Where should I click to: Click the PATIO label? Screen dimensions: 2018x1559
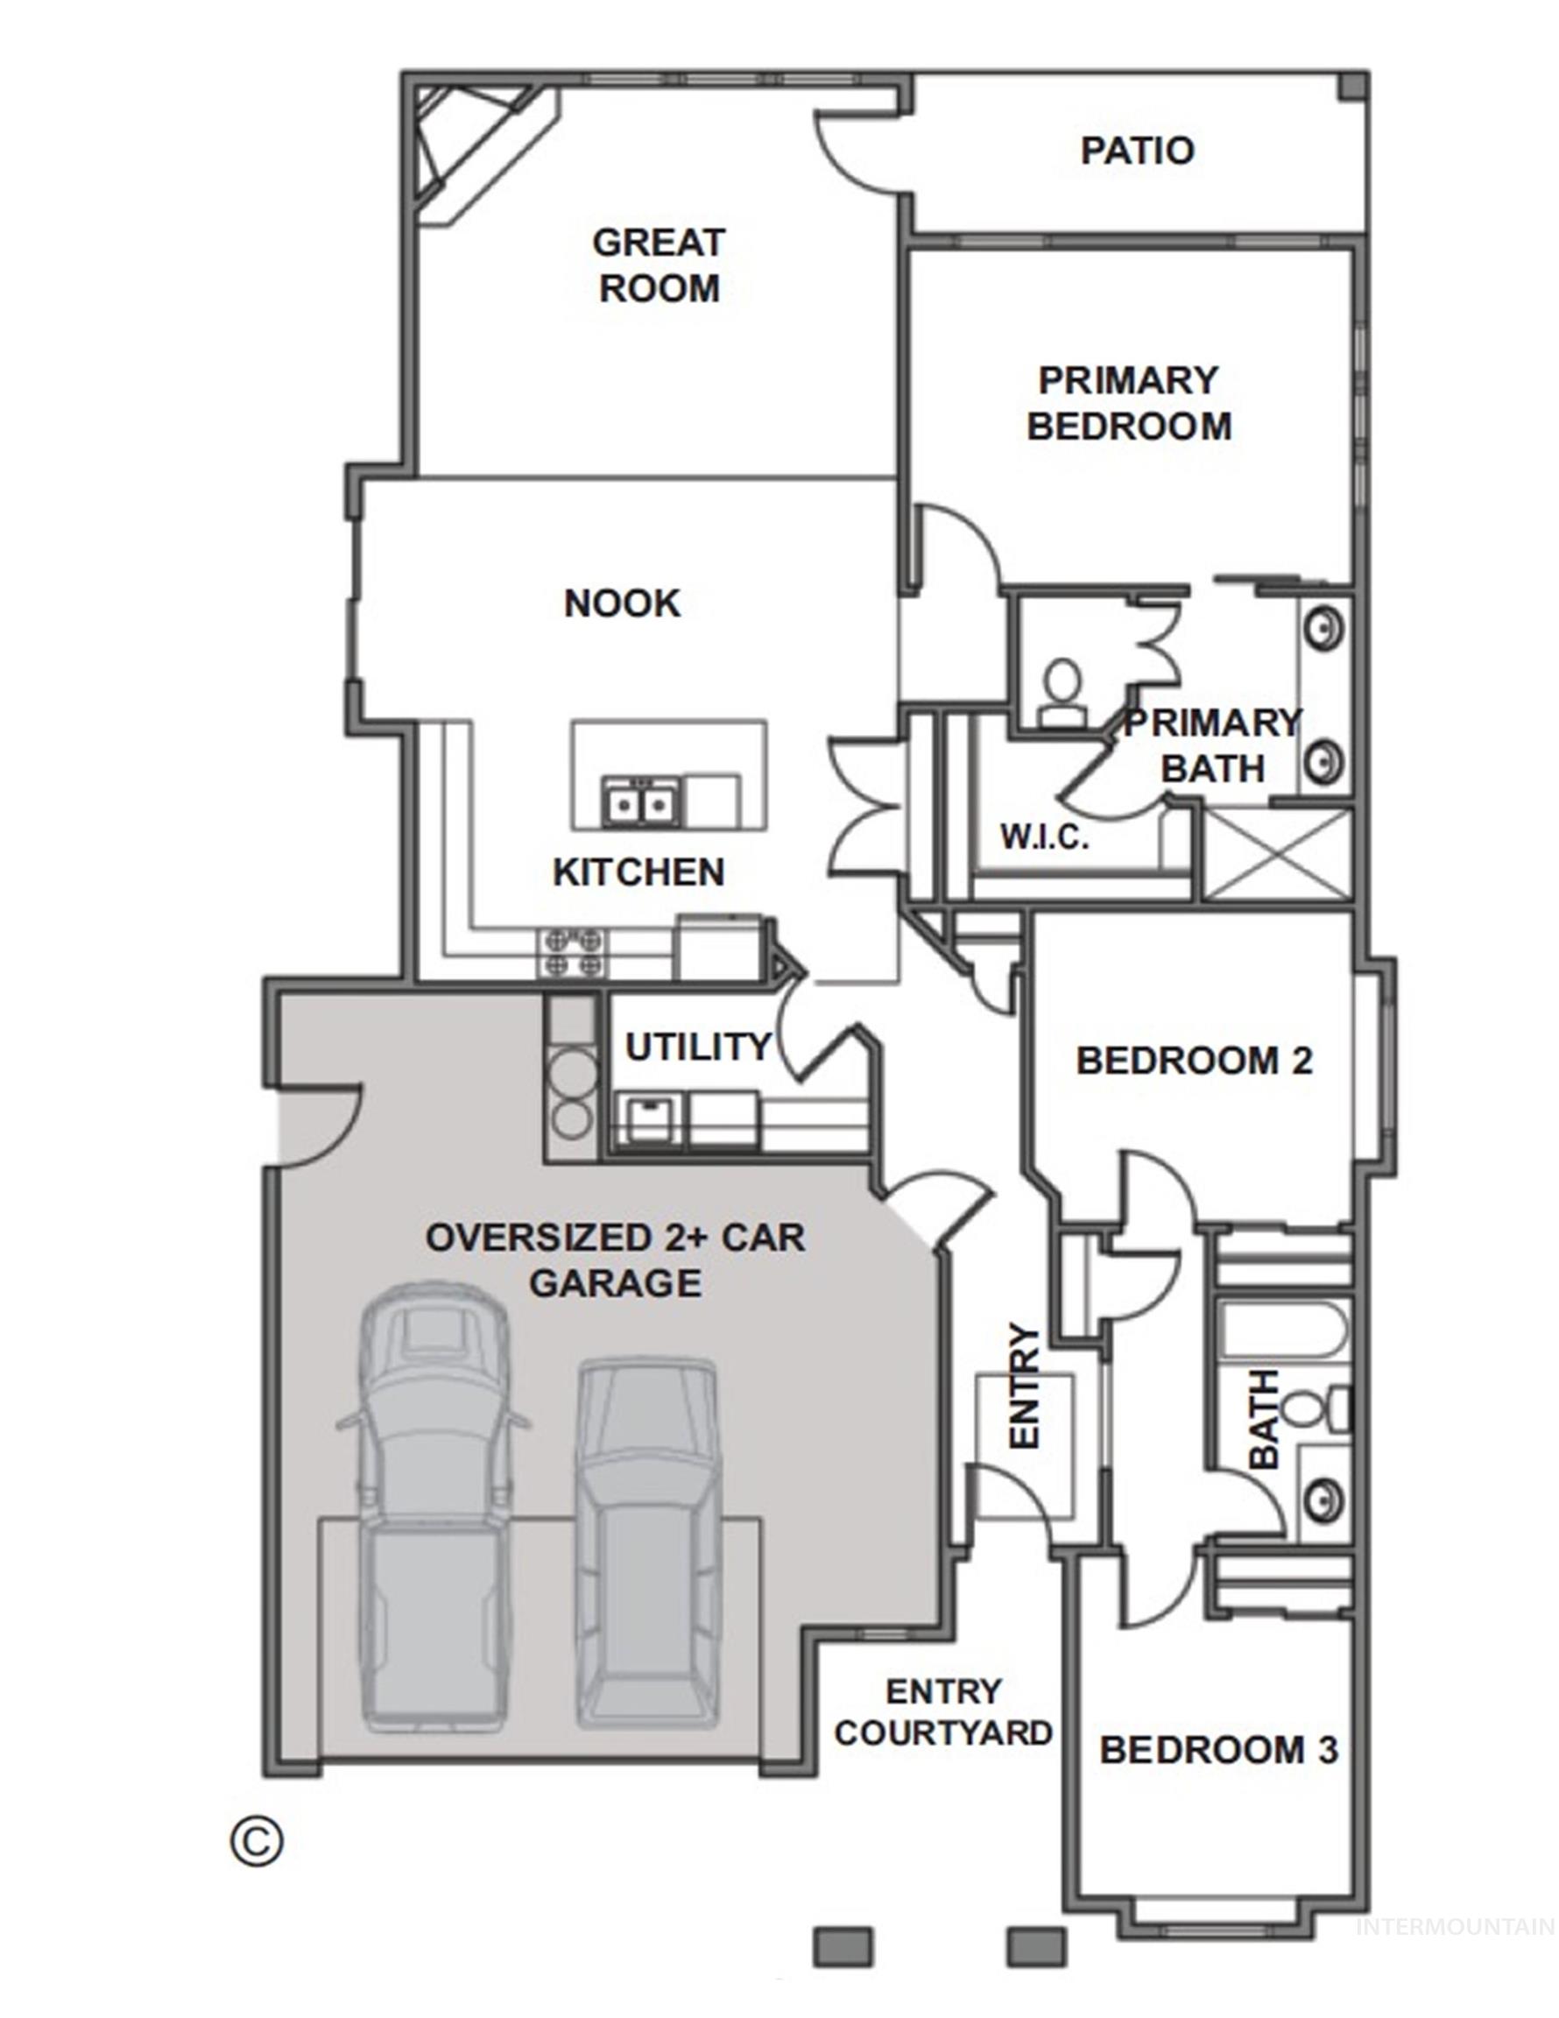[1137, 151]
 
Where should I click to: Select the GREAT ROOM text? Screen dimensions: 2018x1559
[658, 265]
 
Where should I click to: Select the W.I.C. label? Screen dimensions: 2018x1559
[1044, 837]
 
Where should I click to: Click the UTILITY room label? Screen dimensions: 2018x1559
[698, 1047]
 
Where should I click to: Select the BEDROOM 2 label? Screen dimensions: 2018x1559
[1193, 1061]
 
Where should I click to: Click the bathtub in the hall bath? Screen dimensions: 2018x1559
[1280, 1331]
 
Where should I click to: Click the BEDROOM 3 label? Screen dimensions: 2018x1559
[1218, 1750]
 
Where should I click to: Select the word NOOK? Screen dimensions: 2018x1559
[622, 603]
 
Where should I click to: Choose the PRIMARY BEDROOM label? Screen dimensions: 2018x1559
[1128, 403]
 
